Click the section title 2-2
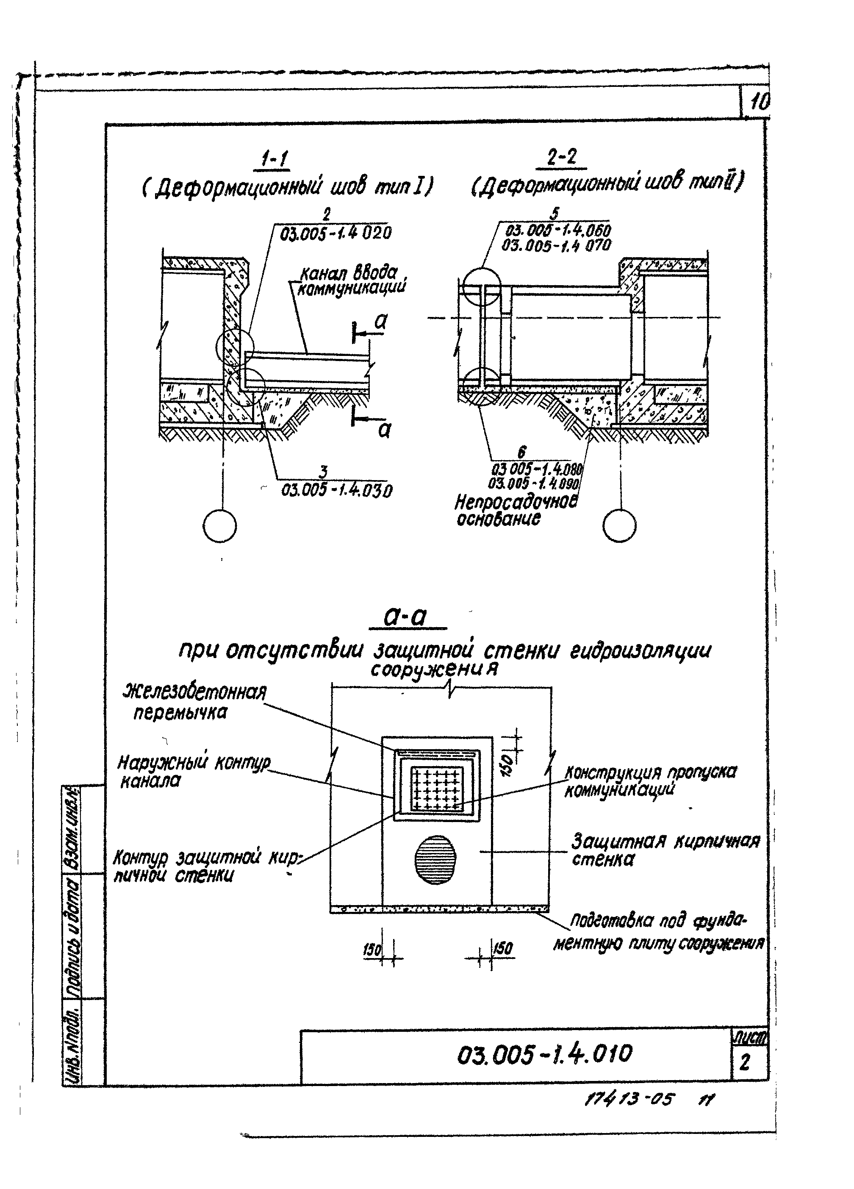(x=561, y=157)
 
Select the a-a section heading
(x=405, y=617)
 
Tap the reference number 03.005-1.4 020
(x=335, y=233)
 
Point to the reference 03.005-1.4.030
(x=337, y=490)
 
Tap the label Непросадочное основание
(x=515, y=510)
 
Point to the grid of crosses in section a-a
(x=437, y=789)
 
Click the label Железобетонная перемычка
(x=194, y=703)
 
